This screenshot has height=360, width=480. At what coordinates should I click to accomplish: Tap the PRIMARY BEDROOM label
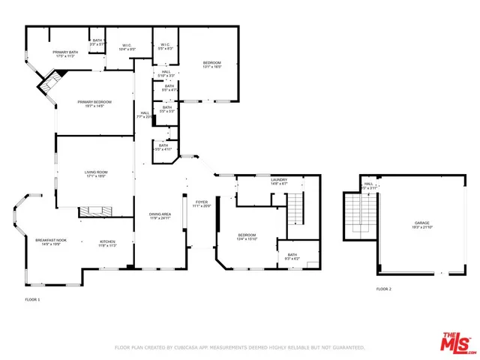pyautogui.click(x=94, y=101)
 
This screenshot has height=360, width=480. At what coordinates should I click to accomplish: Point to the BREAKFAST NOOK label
pyautogui.click(x=51, y=240)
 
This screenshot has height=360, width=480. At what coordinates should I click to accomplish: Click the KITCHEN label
pyautogui.click(x=108, y=241)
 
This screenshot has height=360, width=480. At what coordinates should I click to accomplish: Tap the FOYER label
pyautogui.click(x=202, y=202)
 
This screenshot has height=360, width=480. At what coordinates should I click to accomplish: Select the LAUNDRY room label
pyautogui.click(x=279, y=179)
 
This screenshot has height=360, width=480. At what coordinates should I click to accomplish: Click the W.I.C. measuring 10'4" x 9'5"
pyautogui.click(x=127, y=49)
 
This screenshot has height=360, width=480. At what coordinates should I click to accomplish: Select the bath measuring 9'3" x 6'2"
pyautogui.click(x=292, y=258)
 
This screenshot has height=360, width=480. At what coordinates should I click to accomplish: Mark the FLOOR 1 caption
pyautogui.click(x=32, y=299)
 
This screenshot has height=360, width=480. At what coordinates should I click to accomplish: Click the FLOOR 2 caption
pyautogui.click(x=383, y=289)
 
